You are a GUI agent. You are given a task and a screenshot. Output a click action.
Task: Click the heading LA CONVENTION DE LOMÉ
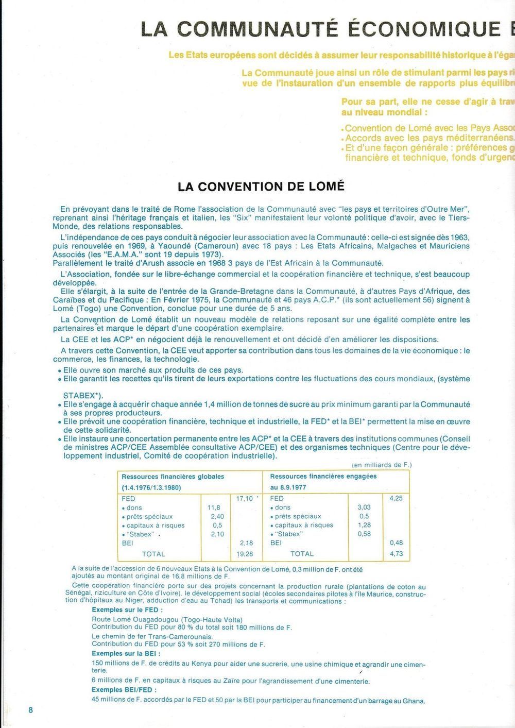[x=261, y=186]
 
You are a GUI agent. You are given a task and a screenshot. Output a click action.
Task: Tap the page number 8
[x=31, y=709]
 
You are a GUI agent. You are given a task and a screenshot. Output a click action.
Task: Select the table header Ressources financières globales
[x=173, y=477]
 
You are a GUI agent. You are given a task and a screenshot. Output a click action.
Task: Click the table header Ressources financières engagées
[x=323, y=477]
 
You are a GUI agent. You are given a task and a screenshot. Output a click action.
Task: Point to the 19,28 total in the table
[x=244, y=554]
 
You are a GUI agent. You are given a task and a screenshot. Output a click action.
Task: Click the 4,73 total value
[x=396, y=554]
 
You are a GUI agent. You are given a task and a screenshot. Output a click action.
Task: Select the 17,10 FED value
[x=245, y=499]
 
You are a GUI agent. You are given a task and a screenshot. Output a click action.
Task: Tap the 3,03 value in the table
[x=364, y=507]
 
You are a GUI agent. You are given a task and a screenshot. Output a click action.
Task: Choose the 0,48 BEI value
[x=396, y=543]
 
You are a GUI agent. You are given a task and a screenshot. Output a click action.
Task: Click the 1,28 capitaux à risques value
[x=364, y=525]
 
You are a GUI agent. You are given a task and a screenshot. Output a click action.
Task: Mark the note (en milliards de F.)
[x=382, y=465]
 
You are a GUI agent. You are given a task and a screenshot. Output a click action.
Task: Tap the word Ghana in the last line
[x=414, y=701]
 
